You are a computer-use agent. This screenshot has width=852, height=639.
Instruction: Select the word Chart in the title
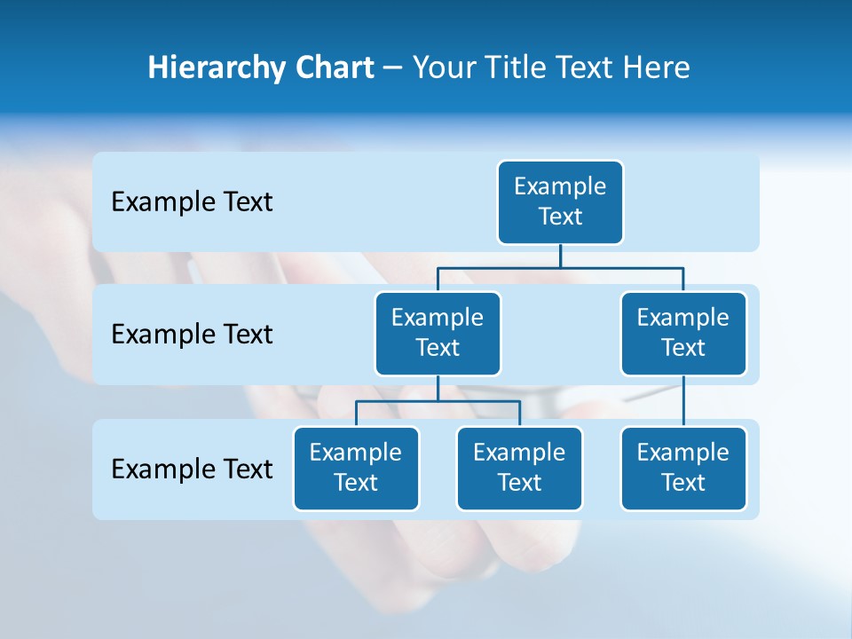(x=334, y=67)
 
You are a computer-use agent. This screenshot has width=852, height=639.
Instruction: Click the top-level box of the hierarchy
(x=560, y=202)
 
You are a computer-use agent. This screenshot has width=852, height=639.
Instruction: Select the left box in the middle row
(x=438, y=334)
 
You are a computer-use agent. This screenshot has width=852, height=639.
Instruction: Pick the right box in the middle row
(x=683, y=334)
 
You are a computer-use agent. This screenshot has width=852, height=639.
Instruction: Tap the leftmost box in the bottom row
(x=356, y=469)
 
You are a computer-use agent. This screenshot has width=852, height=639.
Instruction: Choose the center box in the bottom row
(x=519, y=469)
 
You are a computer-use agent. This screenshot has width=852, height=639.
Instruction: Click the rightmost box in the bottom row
(x=683, y=469)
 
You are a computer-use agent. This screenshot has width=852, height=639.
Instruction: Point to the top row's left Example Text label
(x=192, y=202)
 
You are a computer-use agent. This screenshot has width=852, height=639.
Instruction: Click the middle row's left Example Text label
(x=192, y=335)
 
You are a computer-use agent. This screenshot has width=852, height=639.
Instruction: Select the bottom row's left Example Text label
(x=192, y=469)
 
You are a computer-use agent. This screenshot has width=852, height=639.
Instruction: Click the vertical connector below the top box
(x=560, y=256)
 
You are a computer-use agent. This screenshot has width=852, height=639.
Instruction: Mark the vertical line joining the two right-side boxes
(x=683, y=401)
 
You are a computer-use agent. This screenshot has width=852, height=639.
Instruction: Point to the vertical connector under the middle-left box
(x=438, y=388)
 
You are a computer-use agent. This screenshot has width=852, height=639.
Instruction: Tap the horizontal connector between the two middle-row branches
(x=560, y=267)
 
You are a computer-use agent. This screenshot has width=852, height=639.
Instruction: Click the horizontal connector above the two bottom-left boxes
(x=438, y=401)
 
